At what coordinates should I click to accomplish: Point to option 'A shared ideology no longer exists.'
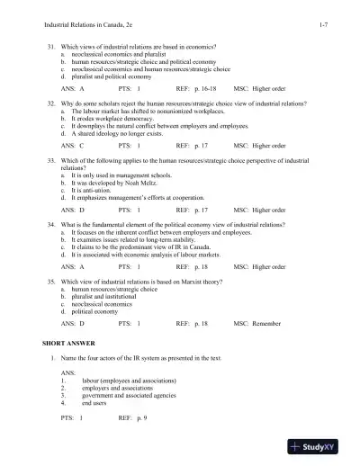tap(112, 133)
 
